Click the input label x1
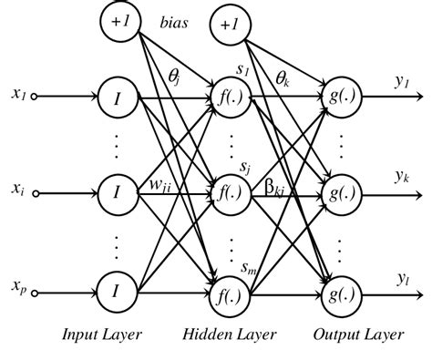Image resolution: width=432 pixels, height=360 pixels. pos(19,93)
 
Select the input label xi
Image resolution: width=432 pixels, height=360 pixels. pos(18,190)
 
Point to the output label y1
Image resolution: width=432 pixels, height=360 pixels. pos(401,81)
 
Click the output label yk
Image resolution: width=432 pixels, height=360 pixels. pos(401,176)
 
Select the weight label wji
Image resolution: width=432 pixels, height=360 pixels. pos(162,187)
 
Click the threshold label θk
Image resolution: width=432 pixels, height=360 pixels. pos(283,78)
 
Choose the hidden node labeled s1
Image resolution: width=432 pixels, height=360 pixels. pos(223,95)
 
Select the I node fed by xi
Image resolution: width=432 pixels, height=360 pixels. pos(116,191)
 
